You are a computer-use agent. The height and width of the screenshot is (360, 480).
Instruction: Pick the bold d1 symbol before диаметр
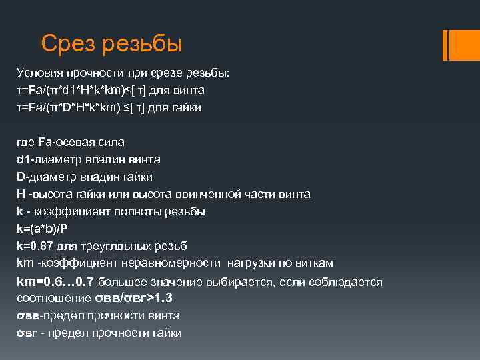23,159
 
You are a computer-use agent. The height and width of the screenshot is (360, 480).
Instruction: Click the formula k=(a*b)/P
42,229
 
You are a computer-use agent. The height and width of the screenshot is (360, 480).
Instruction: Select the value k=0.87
35,246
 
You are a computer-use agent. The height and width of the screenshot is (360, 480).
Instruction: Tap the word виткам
315,263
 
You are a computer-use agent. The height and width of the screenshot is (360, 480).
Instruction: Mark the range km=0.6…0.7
57,281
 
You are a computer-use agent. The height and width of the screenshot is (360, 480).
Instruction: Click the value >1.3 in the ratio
167,297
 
